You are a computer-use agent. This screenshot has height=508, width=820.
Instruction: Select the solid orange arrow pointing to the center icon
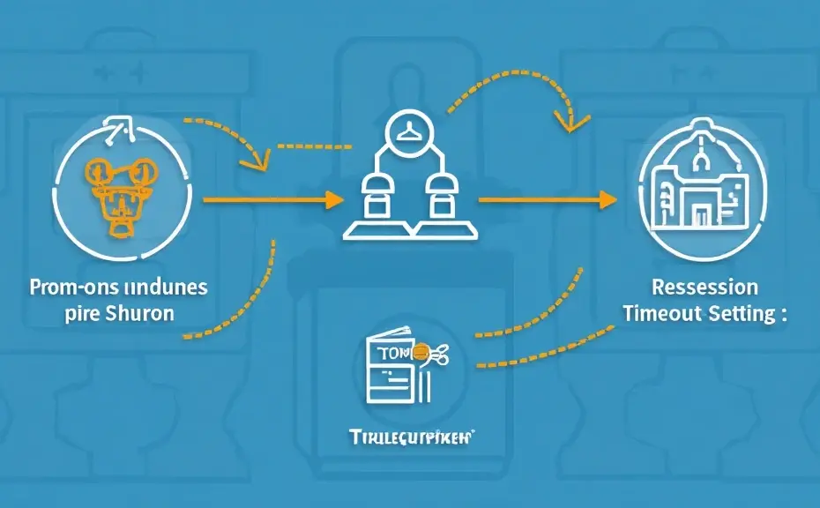[x=273, y=200]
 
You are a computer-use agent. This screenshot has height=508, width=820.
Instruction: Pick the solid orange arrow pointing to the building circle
[x=547, y=200]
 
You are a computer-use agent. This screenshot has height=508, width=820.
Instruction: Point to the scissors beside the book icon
[x=439, y=355]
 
